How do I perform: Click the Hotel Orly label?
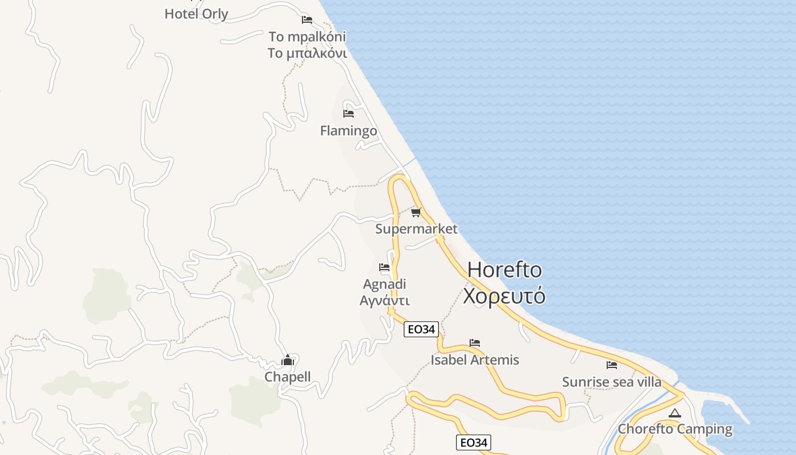196,14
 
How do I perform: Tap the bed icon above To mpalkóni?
307,20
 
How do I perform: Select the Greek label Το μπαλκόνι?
307,53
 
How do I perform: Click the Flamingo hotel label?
349,131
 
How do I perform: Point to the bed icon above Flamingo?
349,113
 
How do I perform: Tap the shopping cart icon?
416,212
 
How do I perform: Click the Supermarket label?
416,229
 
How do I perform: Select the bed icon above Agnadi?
384,267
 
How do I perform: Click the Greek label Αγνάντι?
385,300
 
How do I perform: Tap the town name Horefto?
505,270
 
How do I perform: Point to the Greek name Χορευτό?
504,296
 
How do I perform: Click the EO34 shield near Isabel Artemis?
421,329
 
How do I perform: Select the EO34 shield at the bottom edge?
473,442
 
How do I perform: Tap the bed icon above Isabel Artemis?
475,343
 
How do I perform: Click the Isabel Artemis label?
475,359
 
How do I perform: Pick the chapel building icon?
288,360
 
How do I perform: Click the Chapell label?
288,377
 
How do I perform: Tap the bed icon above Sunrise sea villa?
612,365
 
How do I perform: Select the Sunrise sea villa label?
612,382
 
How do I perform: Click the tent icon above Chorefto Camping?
675,413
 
